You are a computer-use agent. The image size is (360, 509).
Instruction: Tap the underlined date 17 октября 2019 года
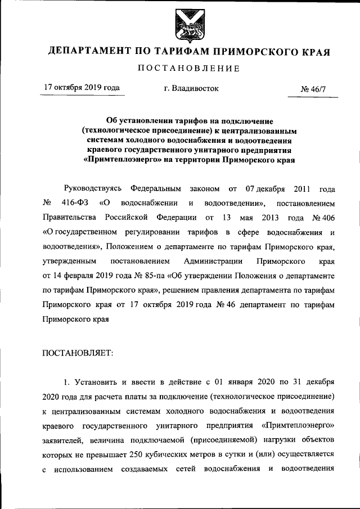click(x=82, y=88)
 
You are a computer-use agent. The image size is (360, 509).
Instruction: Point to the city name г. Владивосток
click(x=187, y=88)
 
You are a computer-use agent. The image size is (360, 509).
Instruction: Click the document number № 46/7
click(x=315, y=89)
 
